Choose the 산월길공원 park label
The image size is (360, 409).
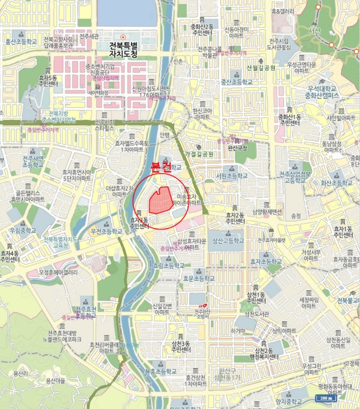pos(261,67)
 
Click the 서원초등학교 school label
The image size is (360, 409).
pos(231,175)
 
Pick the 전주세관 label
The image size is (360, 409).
pos(92,36)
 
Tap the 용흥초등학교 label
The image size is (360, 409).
pos(160,370)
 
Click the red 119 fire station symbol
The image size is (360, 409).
pos(202,305)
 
